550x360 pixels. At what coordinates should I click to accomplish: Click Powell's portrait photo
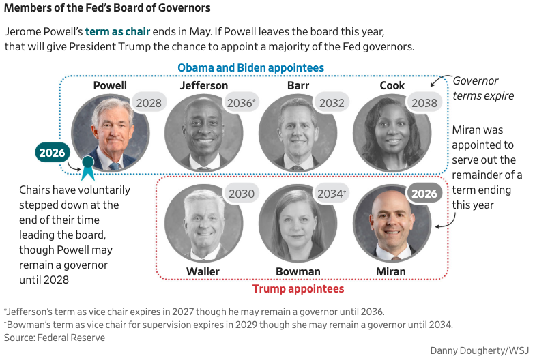[111, 132]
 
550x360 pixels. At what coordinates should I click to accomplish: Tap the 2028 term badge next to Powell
[149, 103]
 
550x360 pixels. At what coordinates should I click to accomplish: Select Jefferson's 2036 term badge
[242, 103]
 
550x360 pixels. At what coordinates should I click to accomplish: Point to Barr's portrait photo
[298, 132]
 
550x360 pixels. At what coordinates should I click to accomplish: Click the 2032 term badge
[331, 103]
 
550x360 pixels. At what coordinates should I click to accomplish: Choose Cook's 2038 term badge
[424, 103]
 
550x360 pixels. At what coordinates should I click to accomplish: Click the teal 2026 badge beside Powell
[52, 153]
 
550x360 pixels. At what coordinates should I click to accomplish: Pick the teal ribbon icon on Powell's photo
[87, 167]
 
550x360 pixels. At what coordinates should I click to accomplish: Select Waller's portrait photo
[203, 223]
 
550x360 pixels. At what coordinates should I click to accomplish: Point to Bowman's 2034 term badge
[332, 194]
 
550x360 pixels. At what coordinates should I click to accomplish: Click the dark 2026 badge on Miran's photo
[424, 194]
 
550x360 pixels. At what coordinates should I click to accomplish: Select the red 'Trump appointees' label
[298, 289]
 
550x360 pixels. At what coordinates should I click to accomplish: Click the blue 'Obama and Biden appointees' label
[250, 68]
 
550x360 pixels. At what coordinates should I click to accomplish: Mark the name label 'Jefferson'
[204, 86]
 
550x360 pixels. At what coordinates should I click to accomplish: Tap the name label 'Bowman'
[298, 272]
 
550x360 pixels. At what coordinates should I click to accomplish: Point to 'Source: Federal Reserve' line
[55, 337]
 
